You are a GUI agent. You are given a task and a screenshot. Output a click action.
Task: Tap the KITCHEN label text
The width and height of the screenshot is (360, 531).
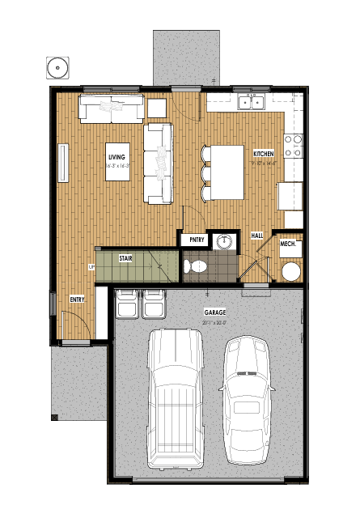264,153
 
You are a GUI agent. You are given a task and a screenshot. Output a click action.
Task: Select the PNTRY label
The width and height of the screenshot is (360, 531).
197,240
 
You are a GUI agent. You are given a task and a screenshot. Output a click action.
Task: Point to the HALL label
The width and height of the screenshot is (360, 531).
257,236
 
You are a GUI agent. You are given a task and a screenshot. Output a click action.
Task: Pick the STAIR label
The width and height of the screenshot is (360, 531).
125,259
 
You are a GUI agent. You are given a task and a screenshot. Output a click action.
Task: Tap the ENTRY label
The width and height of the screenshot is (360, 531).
78,299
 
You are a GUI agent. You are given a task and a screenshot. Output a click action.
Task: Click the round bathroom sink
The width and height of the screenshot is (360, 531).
224,241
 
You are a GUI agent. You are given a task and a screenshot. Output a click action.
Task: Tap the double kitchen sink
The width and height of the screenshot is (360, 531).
252,102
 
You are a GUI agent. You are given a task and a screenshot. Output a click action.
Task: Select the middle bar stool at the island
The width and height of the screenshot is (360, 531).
203,173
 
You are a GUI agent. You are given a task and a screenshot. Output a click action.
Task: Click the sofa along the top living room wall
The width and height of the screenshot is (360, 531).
112,107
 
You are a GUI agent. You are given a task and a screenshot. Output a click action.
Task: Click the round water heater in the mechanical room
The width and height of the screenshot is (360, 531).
290,270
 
